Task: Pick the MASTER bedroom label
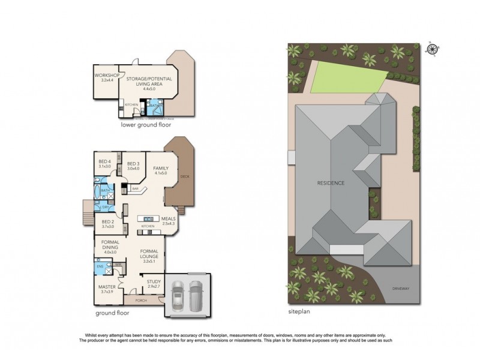tap(106, 289)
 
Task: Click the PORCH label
tap(141, 300)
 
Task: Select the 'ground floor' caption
tap(115, 313)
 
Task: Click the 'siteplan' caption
tap(300, 312)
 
